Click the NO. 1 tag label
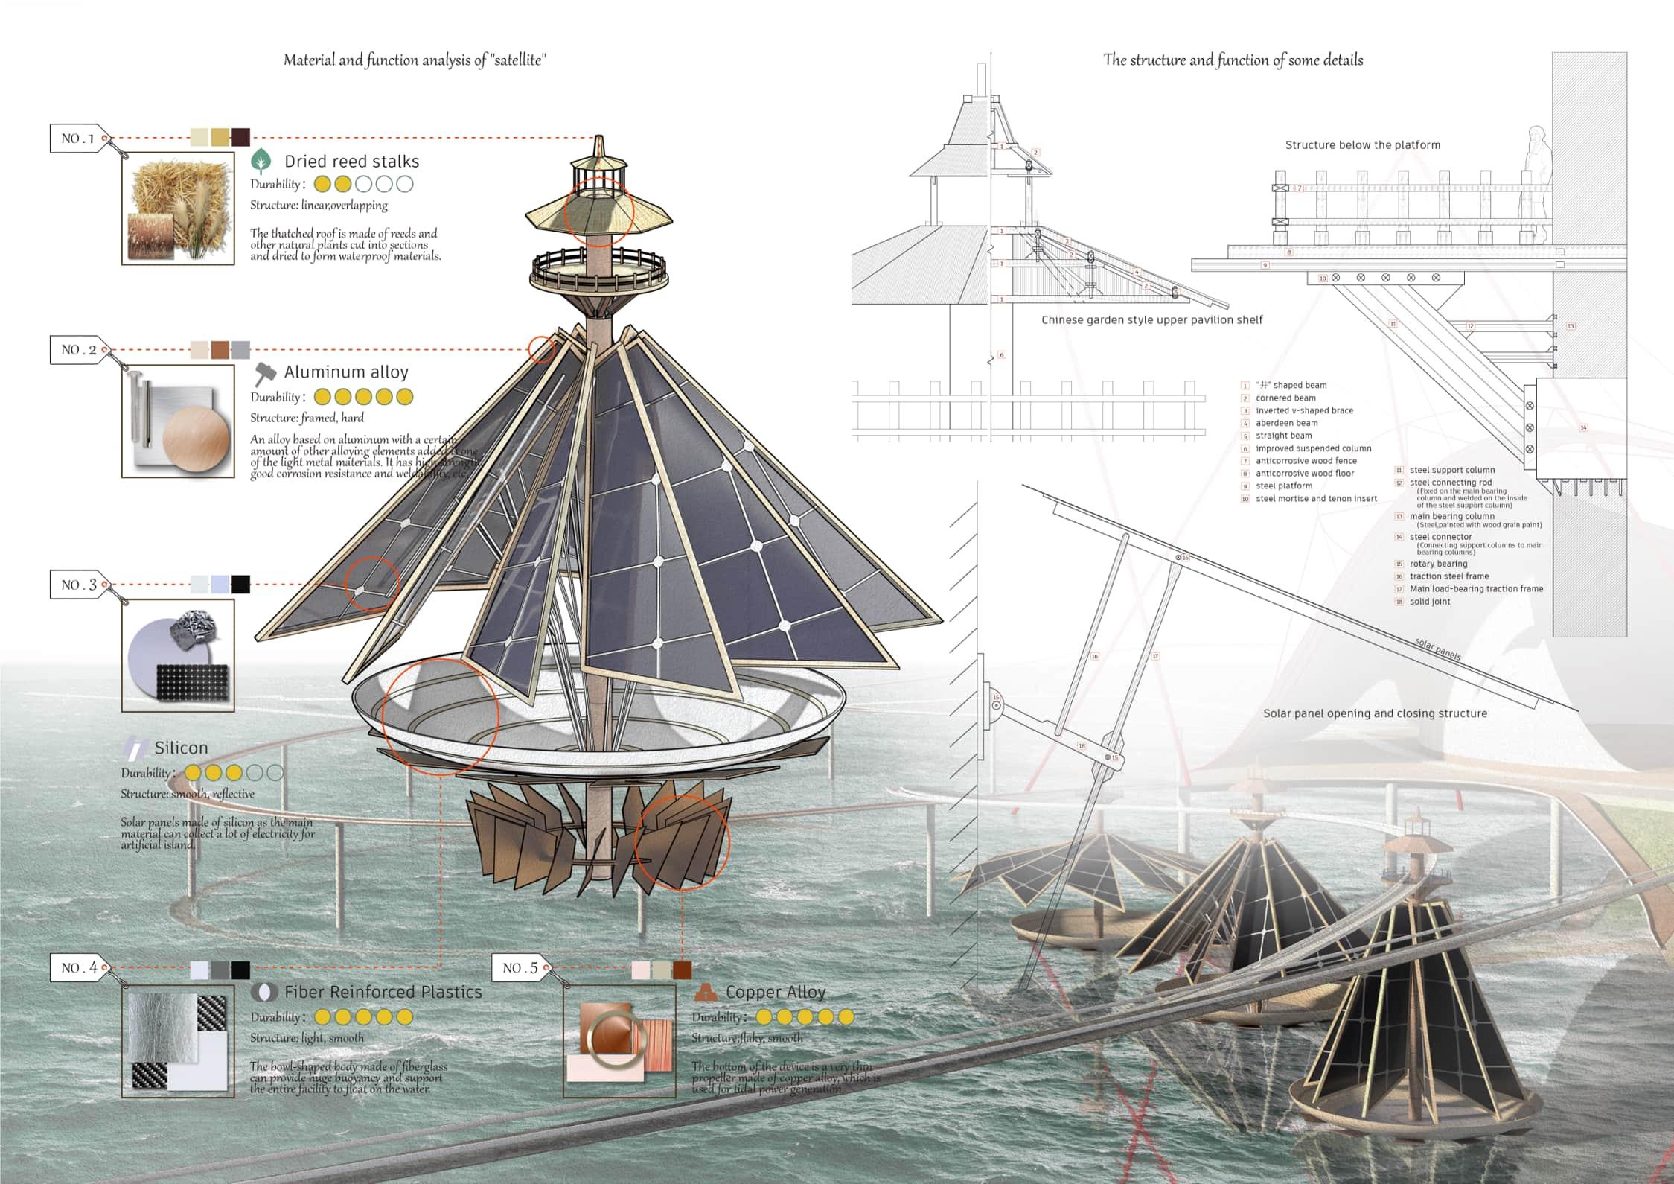77,139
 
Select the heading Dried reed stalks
351,162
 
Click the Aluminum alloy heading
346,372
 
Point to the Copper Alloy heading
776,992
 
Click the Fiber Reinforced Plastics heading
383,992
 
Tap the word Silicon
181,748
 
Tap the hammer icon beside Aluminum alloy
264,372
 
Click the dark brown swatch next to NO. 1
240,138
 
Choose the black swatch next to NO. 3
240,584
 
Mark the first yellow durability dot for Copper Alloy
764,1017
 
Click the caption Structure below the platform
1362,145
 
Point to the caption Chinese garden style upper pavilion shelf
1151,320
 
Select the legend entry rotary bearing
1438,564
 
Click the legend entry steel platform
1284,486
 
